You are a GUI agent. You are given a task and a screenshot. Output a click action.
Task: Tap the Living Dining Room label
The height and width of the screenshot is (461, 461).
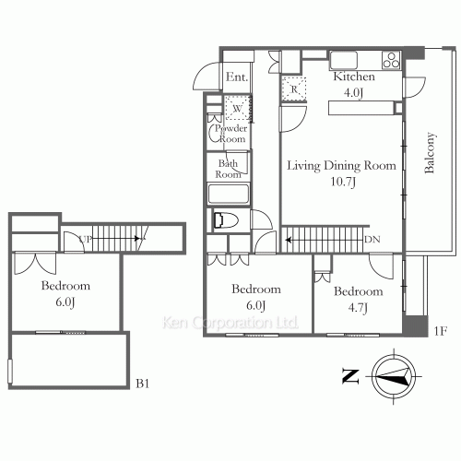[x=340, y=167]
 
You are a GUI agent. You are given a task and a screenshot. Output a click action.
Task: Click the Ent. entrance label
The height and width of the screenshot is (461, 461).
[x=237, y=77]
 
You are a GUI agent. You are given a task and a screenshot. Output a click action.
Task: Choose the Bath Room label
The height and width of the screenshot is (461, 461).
[x=228, y=169]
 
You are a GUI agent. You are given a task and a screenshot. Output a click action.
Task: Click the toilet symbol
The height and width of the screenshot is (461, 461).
[x=224, y=220]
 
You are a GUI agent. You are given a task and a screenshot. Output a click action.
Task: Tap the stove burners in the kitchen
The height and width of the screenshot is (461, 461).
[x=390, y=62]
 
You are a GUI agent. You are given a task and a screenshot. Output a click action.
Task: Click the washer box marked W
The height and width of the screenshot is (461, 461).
[x=237, y=109]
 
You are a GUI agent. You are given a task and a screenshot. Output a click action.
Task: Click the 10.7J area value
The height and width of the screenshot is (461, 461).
[x=340, y=182]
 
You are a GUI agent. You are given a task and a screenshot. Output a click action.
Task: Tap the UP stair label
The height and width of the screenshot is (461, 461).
[x=84, y=239]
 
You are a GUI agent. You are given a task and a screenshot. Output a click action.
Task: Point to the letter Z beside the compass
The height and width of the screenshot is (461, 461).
[x=349, y=375]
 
